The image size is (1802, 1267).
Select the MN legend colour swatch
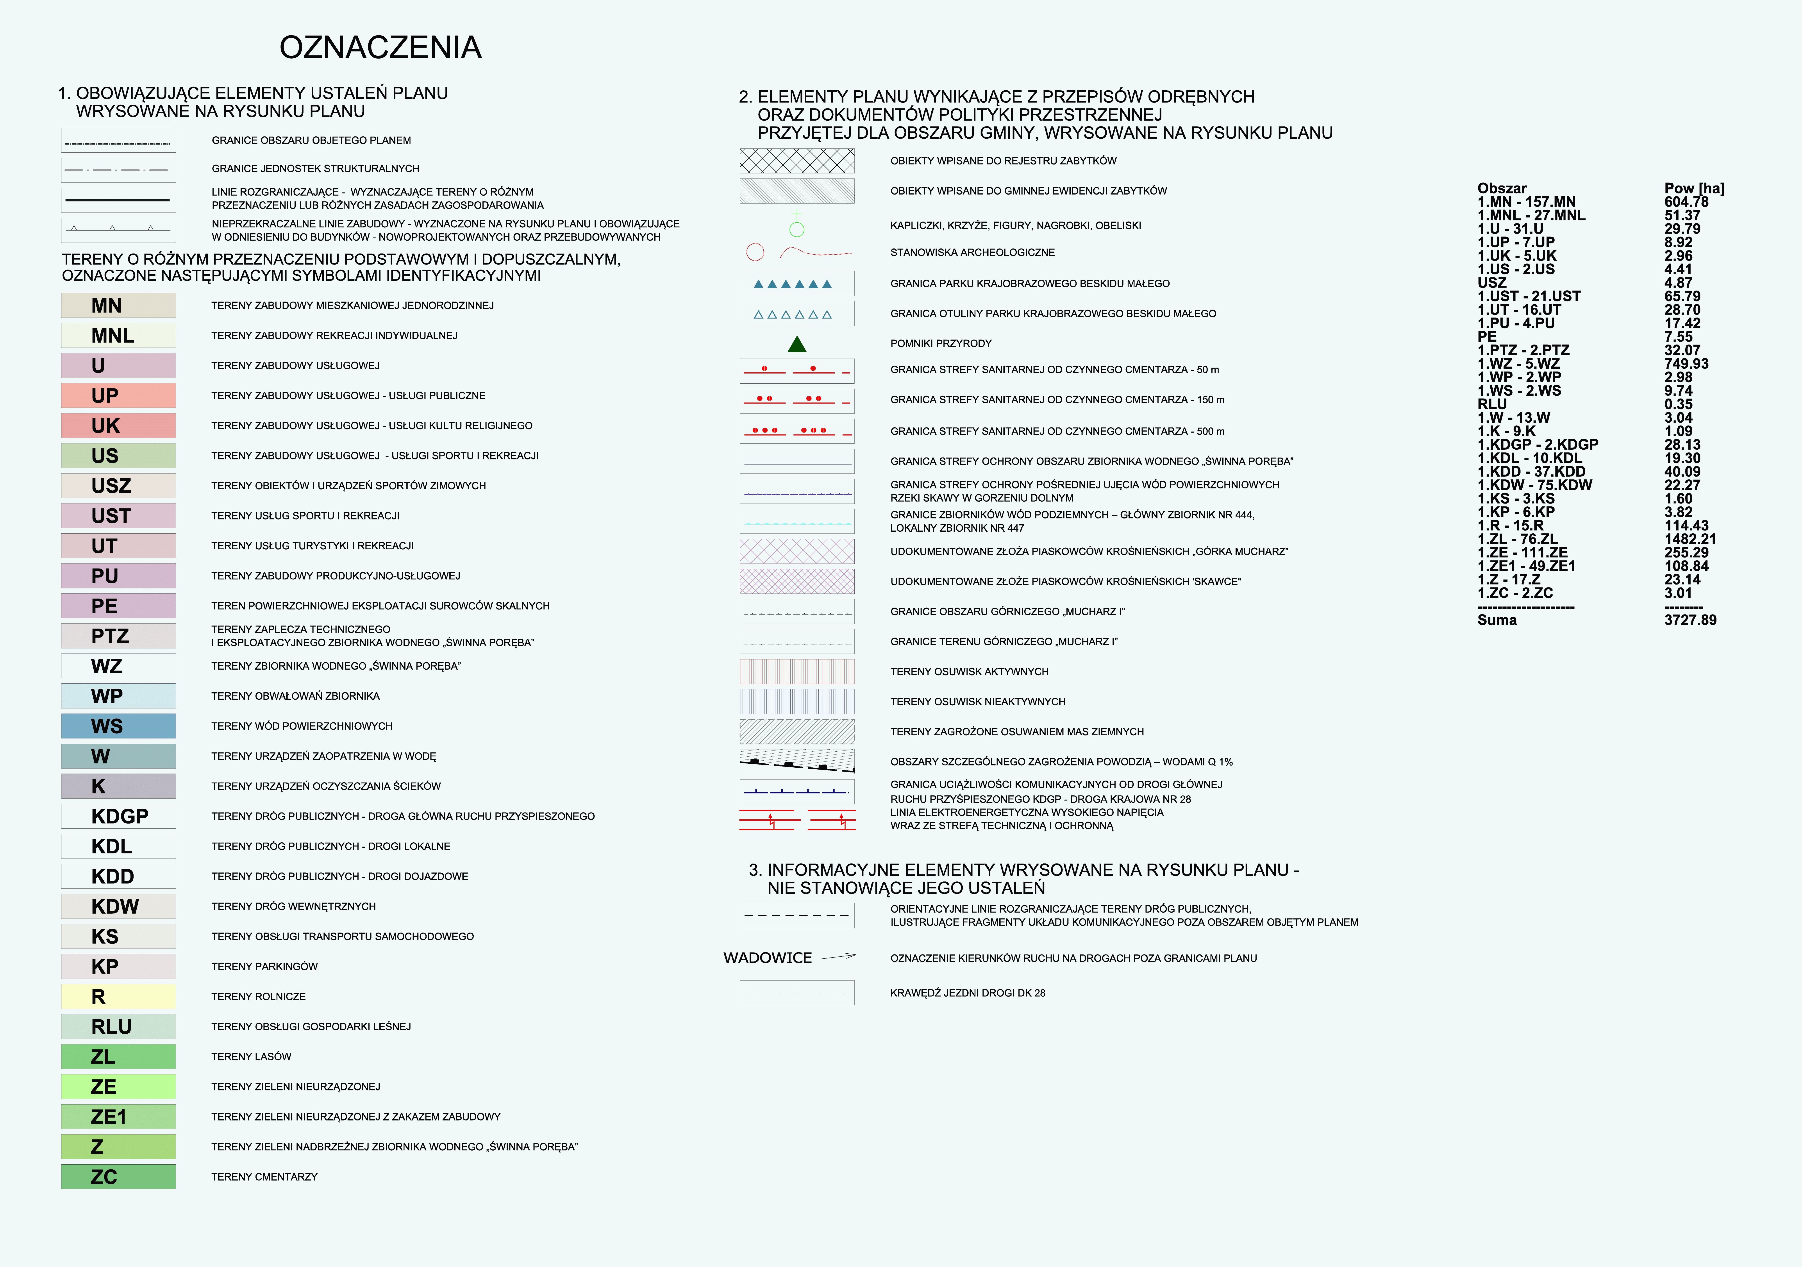[x=118, y=305]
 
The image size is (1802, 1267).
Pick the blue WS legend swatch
[x=118, y=726]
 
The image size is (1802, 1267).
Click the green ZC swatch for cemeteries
[x=118, y=1177]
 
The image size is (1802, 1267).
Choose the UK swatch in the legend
[x=118, y=425]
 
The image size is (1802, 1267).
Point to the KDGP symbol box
[x=118, y=816]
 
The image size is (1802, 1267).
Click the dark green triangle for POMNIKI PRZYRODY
[x=797, y=344]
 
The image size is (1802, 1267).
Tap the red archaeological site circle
[x=755, y=252]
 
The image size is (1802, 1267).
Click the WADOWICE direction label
[x=768, y=958]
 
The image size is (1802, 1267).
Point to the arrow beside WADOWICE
[x=838, y=956]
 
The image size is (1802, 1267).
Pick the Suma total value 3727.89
[x=1690, y=620]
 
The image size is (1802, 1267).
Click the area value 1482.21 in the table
[x=1690, y=539]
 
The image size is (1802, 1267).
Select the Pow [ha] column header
[x=1694, y=188]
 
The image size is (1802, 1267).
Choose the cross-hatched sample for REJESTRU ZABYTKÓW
[x=797, y=161]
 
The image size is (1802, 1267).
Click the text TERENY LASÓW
[x=251, y=1057]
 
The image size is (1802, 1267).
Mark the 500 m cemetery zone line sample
[x=797, y=431]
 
